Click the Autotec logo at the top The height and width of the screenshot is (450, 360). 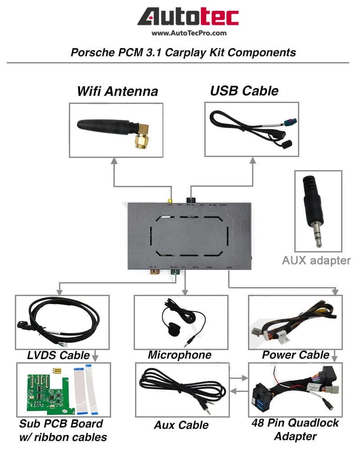coord(188,17)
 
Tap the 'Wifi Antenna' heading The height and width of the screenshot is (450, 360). coord(117,91)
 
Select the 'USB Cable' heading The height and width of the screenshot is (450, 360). coord(244,90)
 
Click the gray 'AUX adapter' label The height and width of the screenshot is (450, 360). coord(317,260)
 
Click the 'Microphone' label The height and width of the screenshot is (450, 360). coord(180,355)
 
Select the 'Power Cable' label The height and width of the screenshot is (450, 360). coord(296,355)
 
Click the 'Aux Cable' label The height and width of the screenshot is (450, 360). coord(181,425)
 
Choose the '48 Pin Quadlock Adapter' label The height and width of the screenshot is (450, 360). coord(295,429)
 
